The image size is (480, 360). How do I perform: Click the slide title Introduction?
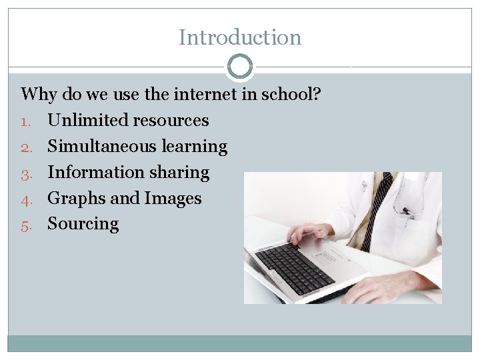coord(240,37)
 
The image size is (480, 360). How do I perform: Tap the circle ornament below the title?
coord(240,67)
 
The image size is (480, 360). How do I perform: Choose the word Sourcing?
coord(83,224)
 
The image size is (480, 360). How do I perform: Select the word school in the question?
coord(288,94)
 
